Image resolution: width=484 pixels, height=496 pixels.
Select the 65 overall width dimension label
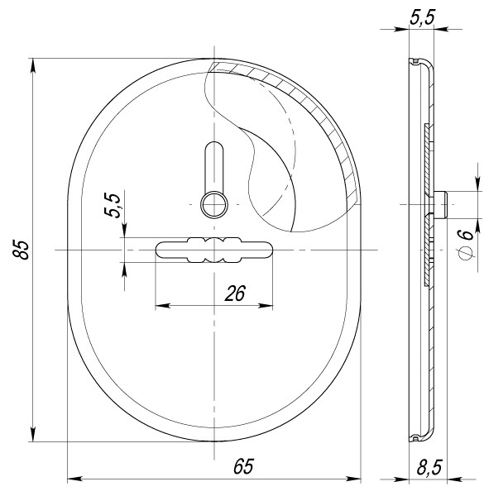coord(242,466)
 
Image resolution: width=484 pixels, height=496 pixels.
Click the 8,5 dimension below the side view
coord(429,469)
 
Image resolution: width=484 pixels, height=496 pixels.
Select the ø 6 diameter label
coord(466,236)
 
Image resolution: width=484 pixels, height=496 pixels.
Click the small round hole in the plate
coord(214,202)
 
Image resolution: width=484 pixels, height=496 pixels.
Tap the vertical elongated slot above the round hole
coord(213,165)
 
